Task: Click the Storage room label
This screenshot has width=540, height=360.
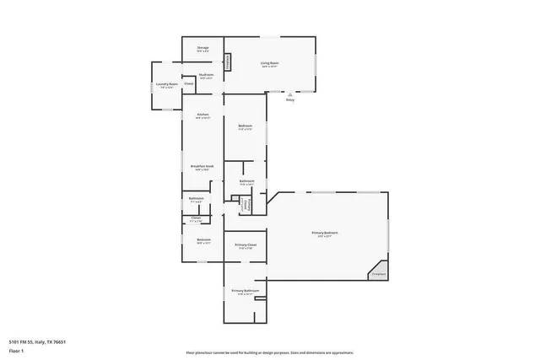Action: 202,48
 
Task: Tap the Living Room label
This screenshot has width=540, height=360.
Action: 270,63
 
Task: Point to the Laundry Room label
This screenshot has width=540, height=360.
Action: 167,83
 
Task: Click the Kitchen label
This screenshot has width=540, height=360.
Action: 202,115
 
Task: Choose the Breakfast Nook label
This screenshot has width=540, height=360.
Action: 202,166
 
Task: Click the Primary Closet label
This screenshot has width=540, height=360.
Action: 246,245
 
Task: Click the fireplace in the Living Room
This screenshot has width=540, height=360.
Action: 227,63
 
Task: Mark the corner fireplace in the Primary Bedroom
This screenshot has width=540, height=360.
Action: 378,272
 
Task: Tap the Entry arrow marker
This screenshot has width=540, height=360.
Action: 291,93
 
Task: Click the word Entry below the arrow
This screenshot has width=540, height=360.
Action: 291,99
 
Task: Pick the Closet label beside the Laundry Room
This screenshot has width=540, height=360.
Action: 189,83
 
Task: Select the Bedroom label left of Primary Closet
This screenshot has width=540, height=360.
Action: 203,240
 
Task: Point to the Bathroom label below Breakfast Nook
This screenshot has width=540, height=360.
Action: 195,199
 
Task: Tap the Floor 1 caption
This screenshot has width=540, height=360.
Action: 16,350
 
